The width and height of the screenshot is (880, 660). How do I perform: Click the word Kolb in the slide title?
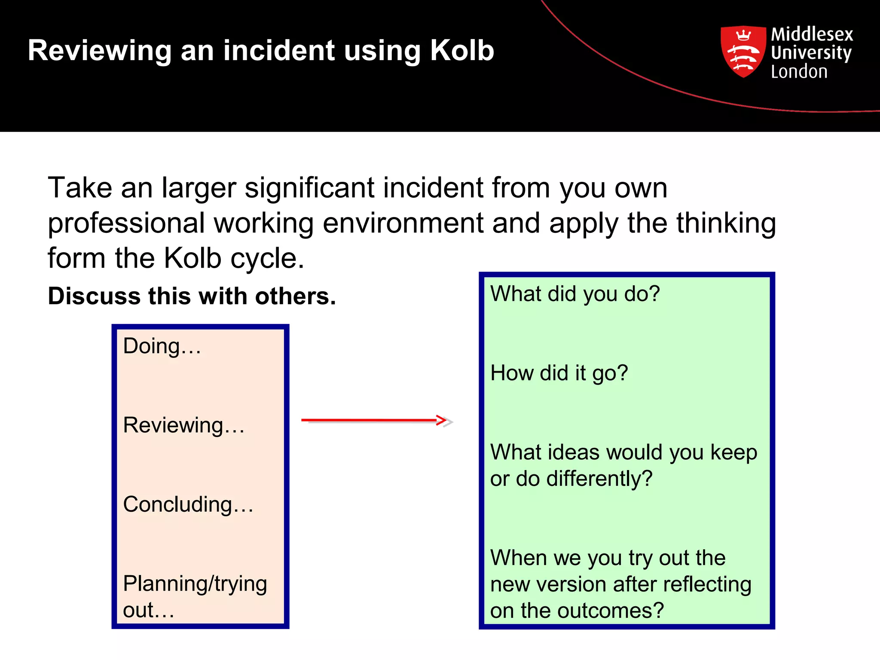[462, 51]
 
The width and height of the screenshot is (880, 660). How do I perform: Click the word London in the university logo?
[799, 72]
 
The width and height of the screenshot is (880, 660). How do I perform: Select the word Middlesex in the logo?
[812, 34]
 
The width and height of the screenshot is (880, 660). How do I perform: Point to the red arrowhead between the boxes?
[443, 420]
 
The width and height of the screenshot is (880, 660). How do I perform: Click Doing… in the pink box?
[162, 346]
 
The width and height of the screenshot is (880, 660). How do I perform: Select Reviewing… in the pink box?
[183, 425]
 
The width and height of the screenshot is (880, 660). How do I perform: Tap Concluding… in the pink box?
[188, 504]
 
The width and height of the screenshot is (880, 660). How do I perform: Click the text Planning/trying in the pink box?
[195, 584]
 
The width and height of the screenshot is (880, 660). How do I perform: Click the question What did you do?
[574, 294]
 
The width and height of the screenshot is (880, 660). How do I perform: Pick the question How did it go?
[559, 373]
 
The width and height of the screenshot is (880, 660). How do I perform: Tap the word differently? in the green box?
[599, 479]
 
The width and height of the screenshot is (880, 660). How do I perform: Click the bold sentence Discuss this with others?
[192, 296]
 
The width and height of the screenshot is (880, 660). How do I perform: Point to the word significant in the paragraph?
[309, 188]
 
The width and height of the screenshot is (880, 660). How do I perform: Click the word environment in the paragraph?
[403, 223]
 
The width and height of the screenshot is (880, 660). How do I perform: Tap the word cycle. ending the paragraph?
[267, 258]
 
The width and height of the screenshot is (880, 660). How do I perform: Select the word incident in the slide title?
[278, 51]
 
